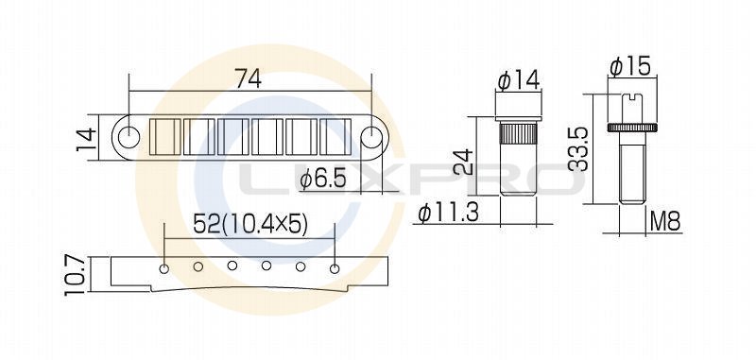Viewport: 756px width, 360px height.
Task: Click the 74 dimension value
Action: click(248, 78)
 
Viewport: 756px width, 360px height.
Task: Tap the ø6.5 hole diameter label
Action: click(323, 180)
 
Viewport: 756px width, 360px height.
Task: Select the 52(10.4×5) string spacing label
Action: click(249, 224)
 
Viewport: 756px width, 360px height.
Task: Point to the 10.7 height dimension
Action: click(77, 275)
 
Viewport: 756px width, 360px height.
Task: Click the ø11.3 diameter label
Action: click(449, 213)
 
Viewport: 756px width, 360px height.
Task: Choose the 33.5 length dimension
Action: click(578, 149)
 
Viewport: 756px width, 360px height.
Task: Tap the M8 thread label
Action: click(665, 222)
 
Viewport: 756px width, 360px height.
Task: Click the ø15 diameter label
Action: click(630, 66)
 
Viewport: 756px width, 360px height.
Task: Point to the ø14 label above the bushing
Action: click(519, 80)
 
